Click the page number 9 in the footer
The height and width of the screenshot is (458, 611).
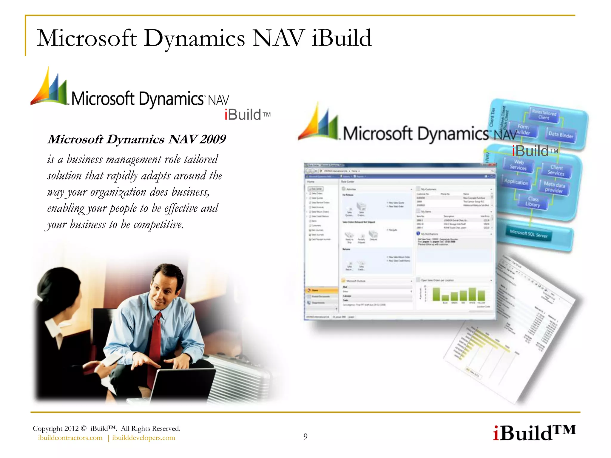[x=305, y=437]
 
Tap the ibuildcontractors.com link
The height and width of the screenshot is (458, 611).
[x=70, y=438]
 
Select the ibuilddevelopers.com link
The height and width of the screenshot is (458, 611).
[x=144, y=438]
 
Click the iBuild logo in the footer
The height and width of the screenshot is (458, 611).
[x=534, y=433]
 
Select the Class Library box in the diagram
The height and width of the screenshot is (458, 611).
[x=533, y=202]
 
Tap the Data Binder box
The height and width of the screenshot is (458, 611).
[x=561, y=135]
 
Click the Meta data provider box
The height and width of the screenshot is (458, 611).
[x=554, y=187]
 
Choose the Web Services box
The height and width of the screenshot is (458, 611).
[x=519, y=165]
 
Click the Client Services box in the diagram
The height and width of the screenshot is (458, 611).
[x=556, y=170]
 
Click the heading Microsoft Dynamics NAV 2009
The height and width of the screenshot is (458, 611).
[x=137, y=139]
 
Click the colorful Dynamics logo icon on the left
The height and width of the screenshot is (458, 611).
[x=50, y=88]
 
